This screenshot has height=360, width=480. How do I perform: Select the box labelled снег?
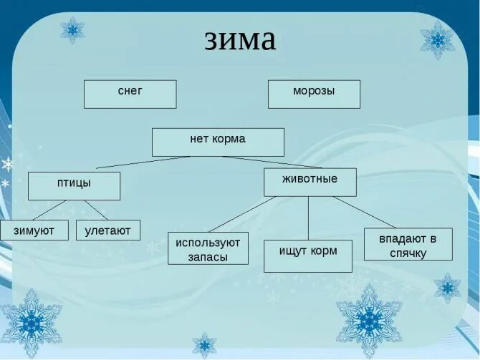(x=130, y=94)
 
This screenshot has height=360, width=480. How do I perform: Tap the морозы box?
(x=314, y=94)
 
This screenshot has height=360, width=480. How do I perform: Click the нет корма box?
(x=218, y=141)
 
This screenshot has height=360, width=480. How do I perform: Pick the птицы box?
(x=74, y=185)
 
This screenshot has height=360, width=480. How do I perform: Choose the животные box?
(x=309, y=181)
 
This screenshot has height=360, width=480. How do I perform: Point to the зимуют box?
(x=34, y=230)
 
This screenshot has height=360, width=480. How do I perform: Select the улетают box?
(x=107, y=230)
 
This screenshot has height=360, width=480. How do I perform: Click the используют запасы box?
(x=208, y=248)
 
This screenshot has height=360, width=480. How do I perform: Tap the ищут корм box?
(x=307, y=256)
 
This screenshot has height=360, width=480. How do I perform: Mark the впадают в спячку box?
(x=408, y=244)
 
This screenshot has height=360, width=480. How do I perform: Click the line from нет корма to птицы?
(x=143, y=162)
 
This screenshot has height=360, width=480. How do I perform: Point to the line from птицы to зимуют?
(x=49, y=210)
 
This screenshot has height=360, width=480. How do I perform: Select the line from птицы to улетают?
(x=96, y=210)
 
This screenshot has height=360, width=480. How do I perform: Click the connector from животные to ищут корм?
(x=309, y=218)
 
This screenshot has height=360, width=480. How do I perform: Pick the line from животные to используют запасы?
(x=242, y=213)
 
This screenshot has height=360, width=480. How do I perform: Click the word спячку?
(x=408, y=253)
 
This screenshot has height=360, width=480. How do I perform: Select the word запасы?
(x=208, y=257)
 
